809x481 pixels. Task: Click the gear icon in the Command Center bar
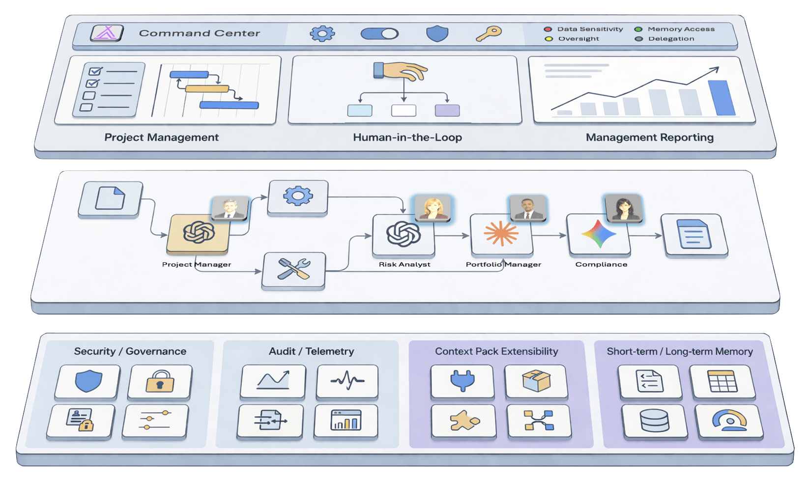[x=322, y=33]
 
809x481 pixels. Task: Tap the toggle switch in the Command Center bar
[x=379, y=33]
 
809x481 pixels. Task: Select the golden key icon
[x=489, y=33]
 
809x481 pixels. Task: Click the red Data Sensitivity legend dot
[x=548, y=29]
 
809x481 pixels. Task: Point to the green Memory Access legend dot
[x=638, y=29]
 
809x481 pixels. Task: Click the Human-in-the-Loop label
[x=407, y=138]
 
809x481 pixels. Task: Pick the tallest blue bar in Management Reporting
[x=721, y=98]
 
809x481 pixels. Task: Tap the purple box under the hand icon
[x=447, y=111]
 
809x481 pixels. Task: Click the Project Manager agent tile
[x=198, y=233]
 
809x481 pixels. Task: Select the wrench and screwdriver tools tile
[x=293, y=269]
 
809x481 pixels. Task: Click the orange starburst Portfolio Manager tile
[x=501, y=234]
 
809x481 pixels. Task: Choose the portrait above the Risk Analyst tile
[x=433, y=208]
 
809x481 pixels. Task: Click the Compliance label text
[x=601, y=264]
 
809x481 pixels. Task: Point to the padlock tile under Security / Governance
[x=160, y=381]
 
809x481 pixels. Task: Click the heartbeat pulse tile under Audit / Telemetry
[x=347, y=380]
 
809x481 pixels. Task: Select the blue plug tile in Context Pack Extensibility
[x=462, y=380]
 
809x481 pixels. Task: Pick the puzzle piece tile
[x=463, y=421]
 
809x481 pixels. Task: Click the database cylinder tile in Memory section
[x=654, y=421]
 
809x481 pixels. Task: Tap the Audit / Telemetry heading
[x=311, y=351]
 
